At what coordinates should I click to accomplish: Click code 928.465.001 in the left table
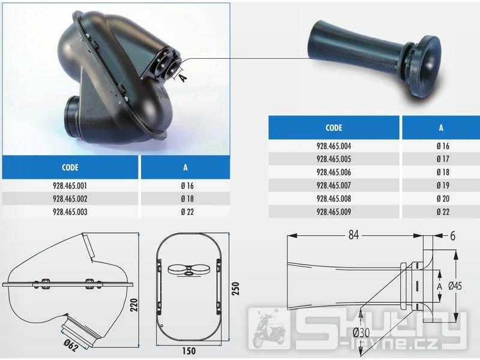(70, 186)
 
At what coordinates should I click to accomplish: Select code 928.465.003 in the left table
(70, 212)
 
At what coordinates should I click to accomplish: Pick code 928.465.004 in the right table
(334, 146)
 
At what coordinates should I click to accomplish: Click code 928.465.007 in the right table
(334, 185)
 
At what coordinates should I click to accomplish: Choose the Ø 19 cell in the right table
(443, 185)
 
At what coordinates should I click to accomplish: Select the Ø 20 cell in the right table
(443, 199)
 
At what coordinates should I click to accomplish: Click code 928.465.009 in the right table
(334, 212)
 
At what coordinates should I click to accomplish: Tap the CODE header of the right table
(334, 128)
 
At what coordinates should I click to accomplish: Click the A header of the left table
(185, 167)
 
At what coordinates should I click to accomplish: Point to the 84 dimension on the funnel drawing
(353, 235)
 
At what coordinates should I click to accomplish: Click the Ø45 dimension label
(455, 286)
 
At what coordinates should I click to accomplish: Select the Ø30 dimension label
(361, 333)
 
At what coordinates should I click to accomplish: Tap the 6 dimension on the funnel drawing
(452, 236)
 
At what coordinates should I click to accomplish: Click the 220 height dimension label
(134, 305)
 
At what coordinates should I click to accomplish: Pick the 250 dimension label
(236, 288)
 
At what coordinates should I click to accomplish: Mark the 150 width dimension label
(189, 351)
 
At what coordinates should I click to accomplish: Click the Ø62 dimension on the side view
(71, 346)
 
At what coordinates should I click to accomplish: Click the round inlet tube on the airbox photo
(73, 116)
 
